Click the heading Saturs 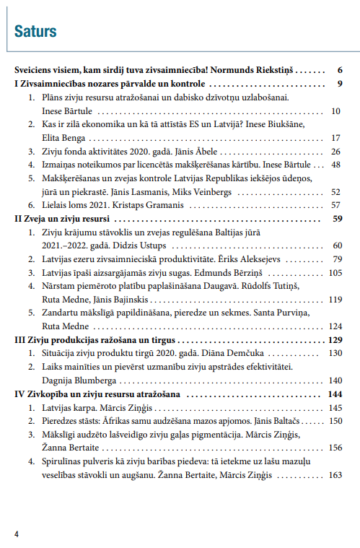35,31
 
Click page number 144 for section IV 334,394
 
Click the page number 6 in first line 339,71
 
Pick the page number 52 335,192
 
